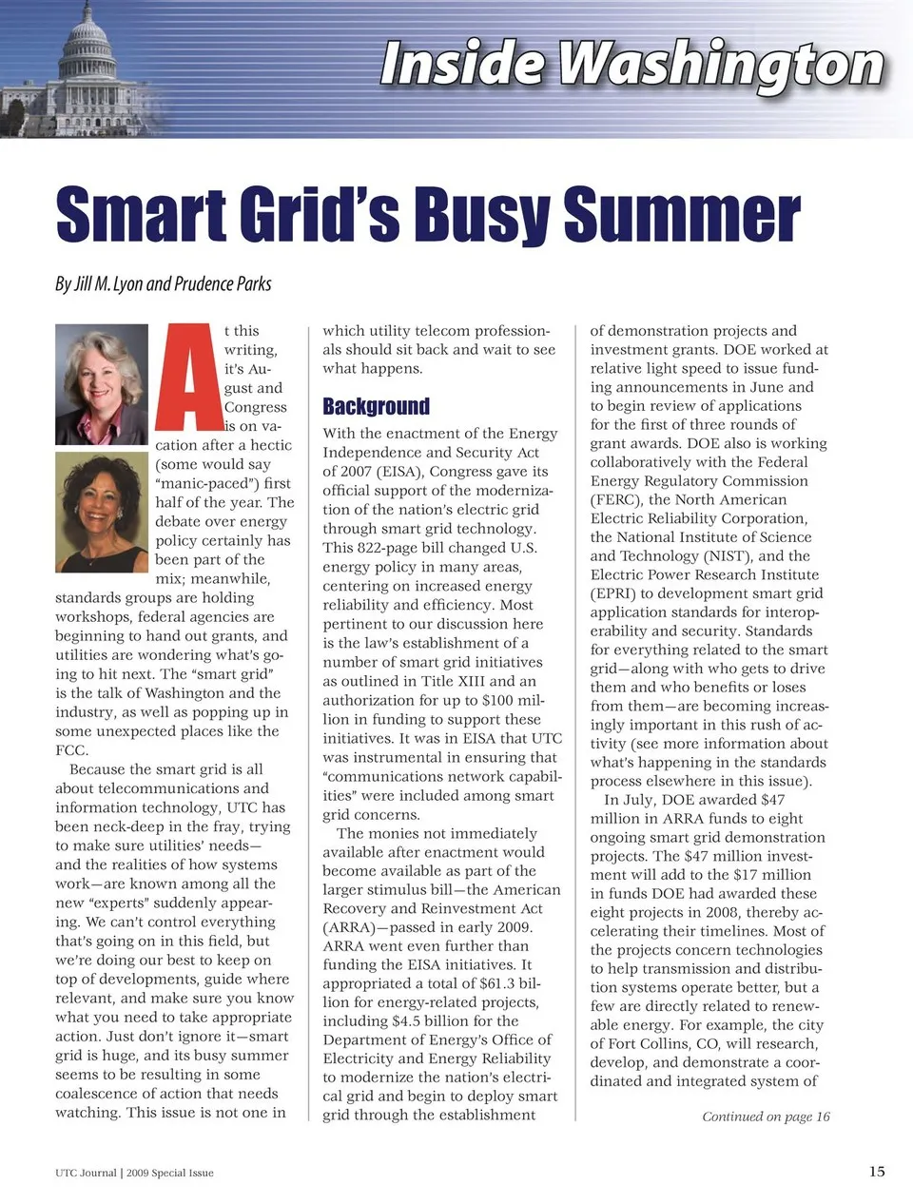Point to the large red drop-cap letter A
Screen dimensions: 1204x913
[188, 378]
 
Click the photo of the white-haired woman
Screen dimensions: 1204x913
[102, 384]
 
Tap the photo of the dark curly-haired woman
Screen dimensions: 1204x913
[102, 512]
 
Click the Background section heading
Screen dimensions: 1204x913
[376, 407]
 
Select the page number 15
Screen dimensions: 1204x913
[876, 1171]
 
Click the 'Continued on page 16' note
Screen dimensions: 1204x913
[766, 1117]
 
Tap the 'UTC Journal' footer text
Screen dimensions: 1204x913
[86, 1173]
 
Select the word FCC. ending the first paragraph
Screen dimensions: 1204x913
[71, 750]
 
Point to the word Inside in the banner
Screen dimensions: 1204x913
[462, 65]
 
